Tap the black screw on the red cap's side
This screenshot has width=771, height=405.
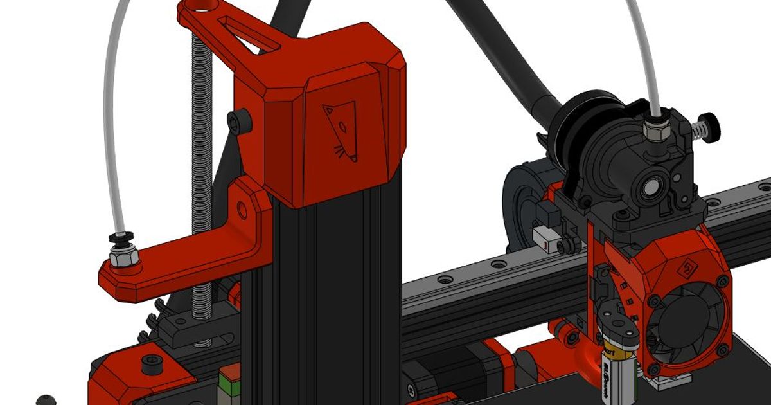click(238, 119)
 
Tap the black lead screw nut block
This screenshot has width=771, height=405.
click(193, 328)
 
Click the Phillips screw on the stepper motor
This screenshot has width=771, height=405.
click(411, 390)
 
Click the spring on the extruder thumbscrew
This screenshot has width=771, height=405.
click(696, 131)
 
